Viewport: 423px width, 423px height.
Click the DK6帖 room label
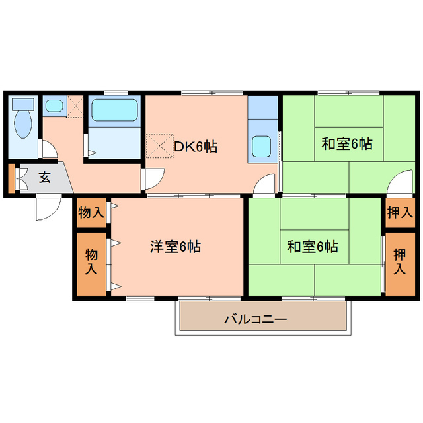[195, 147]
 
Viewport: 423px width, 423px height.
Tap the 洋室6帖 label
[175, 247]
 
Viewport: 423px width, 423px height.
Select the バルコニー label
[254, 319]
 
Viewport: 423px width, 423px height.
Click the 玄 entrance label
[44, 177]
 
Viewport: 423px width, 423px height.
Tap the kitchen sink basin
[262, 145]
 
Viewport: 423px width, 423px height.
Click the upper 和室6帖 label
[346, 143]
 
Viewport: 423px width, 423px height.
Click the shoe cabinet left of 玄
[11, 178]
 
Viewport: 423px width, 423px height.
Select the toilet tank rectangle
[22, 104]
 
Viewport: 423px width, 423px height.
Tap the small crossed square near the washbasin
[75, 106]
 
